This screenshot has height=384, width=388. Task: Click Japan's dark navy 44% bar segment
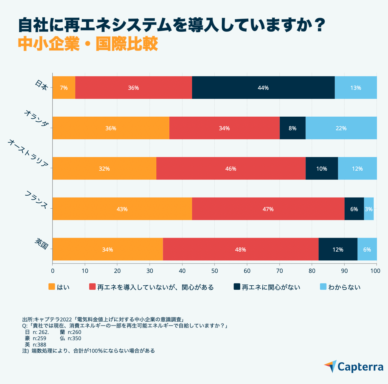263,88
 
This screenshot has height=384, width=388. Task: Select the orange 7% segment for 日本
64,88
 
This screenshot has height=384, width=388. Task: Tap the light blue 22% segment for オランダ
341,128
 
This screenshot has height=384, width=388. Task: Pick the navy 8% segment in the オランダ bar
293,128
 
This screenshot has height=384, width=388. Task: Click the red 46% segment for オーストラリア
231,168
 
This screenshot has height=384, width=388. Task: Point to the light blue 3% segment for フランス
369,209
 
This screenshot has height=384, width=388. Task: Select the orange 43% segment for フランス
122,209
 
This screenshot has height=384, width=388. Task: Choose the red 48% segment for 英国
240,249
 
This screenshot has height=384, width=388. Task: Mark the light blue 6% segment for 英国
367,249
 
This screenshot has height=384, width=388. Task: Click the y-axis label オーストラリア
28,153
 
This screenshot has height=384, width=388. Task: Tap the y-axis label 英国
42,244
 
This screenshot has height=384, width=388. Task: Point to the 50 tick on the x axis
214,271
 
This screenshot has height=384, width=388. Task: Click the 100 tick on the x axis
376,271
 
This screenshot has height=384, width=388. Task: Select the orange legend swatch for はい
52,287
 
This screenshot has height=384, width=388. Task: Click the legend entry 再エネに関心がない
271,287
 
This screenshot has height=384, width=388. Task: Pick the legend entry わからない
344,287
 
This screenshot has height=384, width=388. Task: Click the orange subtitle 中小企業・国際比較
88,44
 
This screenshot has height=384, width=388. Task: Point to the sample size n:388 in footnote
39,345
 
